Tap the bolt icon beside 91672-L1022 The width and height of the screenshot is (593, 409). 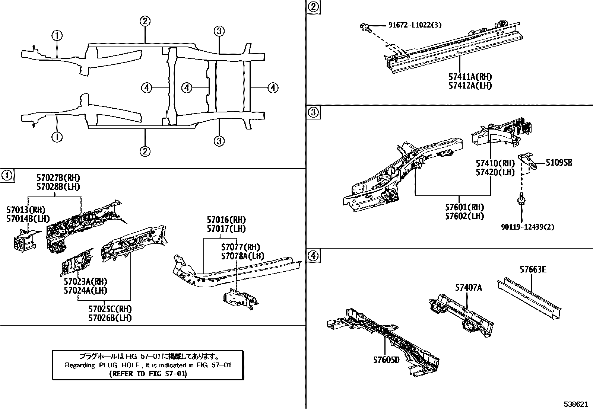tap(365, 27)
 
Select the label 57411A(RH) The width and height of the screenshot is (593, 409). tap(470, 77)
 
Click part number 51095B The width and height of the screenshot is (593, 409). tap(559, 163)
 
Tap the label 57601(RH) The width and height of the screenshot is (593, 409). tap(464, 207)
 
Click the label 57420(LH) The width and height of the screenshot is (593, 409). tap(495, 172)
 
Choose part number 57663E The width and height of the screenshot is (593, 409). tap(533, 269)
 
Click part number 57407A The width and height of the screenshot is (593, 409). tap(468, 287)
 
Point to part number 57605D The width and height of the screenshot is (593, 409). tap(386, 360)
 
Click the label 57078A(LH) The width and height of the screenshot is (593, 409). tap(242, 256)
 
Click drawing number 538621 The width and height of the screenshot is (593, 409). tap(576, 404)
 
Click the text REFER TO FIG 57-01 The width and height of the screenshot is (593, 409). tap(148, 374)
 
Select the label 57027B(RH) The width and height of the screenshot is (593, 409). tap(58, 178)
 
